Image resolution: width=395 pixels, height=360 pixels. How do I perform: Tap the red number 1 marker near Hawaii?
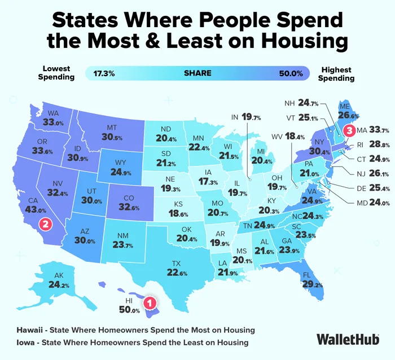click(x=149, y=304)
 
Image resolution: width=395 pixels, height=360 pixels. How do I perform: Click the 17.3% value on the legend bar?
click(x=104, y=73)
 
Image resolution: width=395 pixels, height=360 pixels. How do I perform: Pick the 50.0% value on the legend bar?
click(x=291, y=73)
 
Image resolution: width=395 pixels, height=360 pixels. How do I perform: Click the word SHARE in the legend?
click(x=197, y=73)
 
